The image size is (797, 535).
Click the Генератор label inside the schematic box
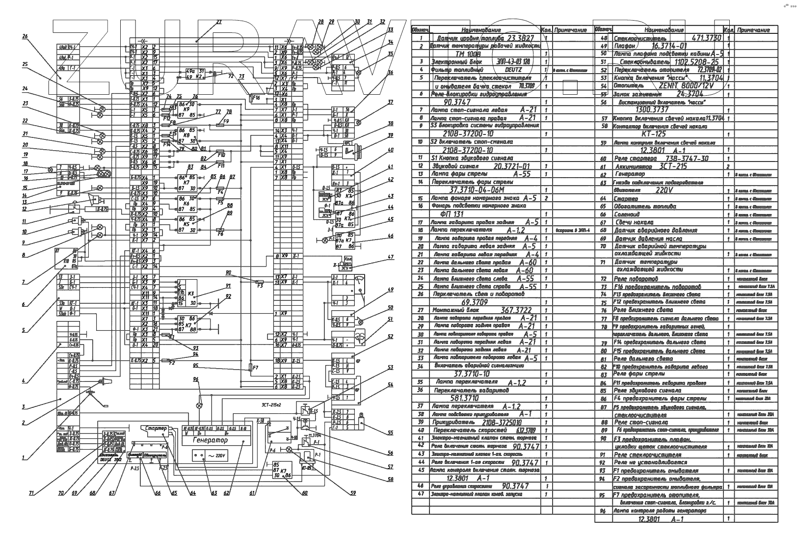pos(210,440)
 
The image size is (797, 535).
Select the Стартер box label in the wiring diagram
pos(157,428)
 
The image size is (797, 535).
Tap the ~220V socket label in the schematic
pos(216,455)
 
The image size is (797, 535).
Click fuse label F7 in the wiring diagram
pos(255,368)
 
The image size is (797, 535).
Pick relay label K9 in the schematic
pos(186,109)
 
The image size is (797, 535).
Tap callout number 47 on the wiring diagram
pos(391,257)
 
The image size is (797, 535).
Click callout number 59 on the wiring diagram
pos(353,494)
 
